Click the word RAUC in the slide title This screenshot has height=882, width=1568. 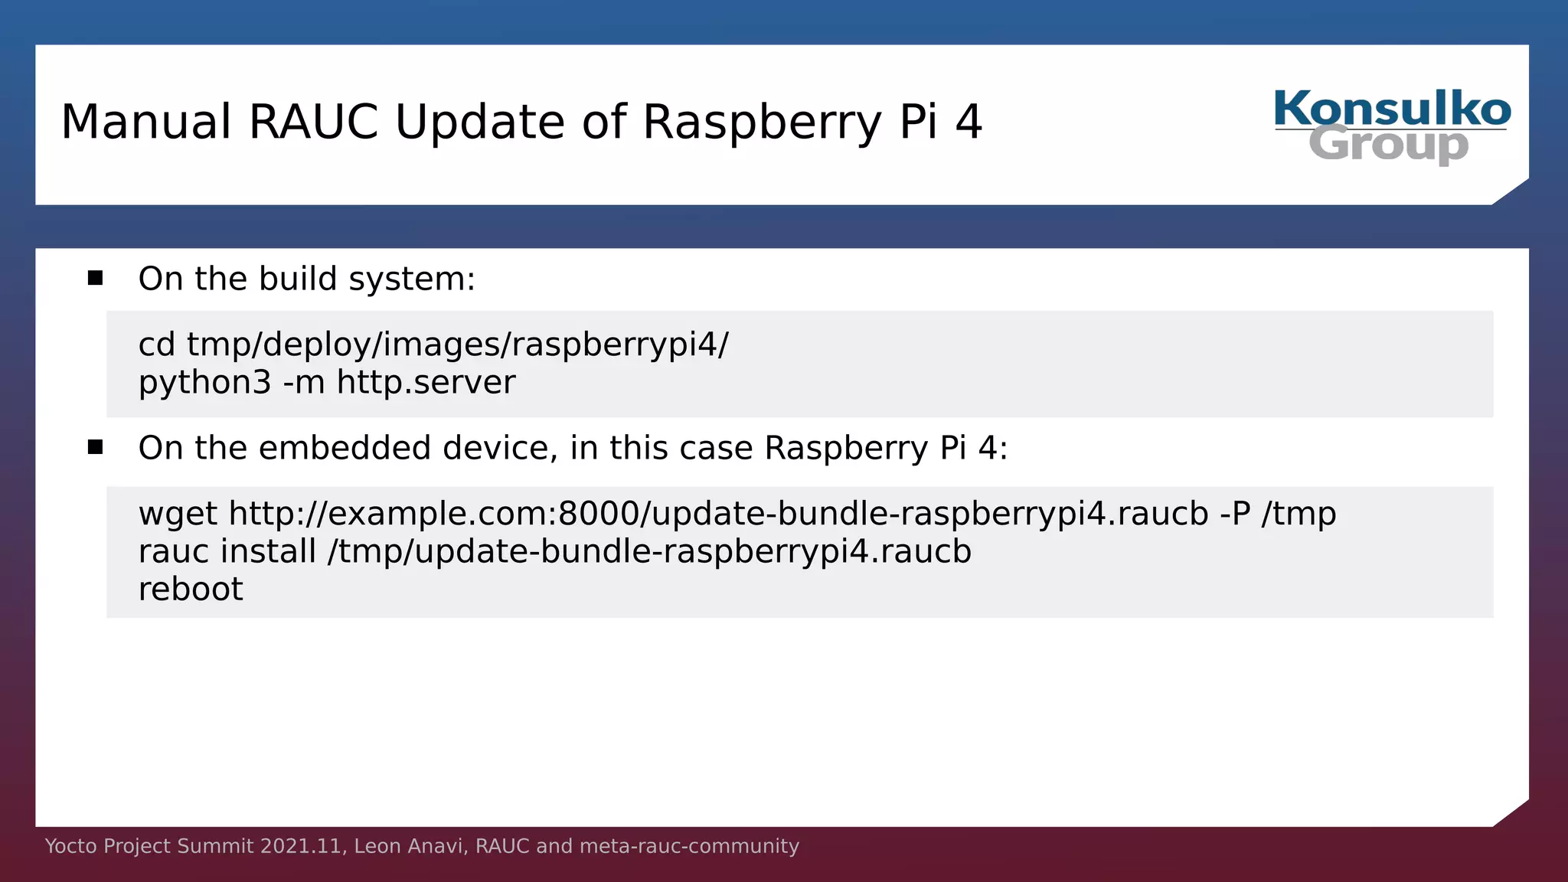coord(313,122)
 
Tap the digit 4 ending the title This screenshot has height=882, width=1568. coord(969,122)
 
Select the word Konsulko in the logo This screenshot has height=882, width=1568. coord(1392,109)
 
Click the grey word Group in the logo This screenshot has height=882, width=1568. coord(1388,145)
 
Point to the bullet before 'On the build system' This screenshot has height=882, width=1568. coord(95,278)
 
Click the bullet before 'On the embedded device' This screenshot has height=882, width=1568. coord(95,447)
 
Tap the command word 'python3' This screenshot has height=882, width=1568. coord(204,383)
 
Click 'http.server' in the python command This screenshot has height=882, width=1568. coord(426,382)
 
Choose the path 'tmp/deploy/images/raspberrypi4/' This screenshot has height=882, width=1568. coord(458,345)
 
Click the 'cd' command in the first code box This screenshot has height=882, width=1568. coord(157,345)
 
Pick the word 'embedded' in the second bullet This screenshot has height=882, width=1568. coord(345,448)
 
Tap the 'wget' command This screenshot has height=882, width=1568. coord(178,514)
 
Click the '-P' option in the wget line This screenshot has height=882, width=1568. coord(1235,514)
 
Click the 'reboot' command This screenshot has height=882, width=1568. coord(191,590)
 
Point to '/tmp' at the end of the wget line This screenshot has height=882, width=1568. coord(1298,514)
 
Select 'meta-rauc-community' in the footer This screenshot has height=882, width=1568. coord(689,846)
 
